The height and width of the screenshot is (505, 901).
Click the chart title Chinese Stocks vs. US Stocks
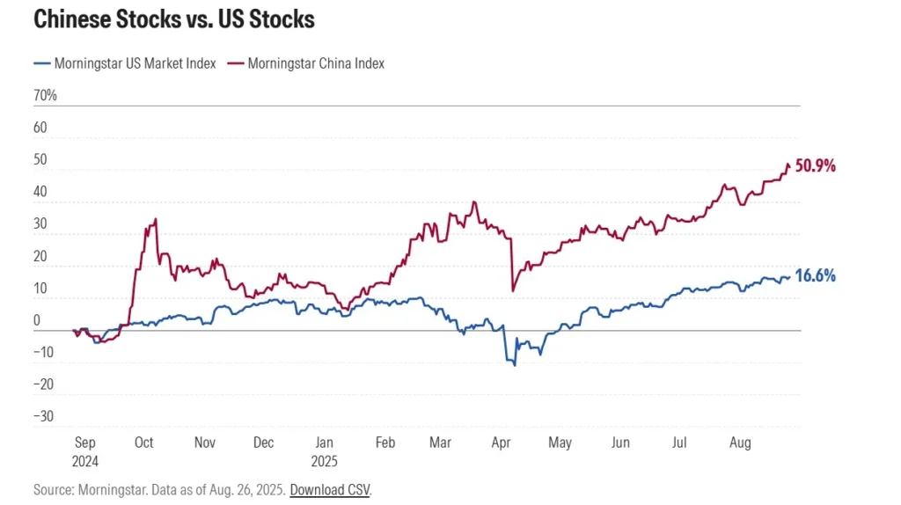pos(173,19)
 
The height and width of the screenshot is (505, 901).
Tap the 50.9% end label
pos(815,165)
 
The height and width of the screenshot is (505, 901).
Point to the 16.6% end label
pos(815,275)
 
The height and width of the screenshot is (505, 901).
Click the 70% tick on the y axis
pos(45,95)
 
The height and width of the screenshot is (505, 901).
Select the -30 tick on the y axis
pos(44,416)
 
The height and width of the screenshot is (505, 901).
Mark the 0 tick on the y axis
pos(37,320)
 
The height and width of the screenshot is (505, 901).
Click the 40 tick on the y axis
pos(40,192)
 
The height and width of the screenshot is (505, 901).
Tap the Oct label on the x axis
pos(144,443)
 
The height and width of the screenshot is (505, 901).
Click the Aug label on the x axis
pos(740,443)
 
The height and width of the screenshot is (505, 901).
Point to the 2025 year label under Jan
pos(325,460)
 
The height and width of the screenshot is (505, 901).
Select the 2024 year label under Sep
pos(84,460)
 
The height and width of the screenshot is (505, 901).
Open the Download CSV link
pos(330,489)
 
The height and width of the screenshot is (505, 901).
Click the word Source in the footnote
pos(53,489)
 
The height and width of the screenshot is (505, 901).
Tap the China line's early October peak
pos(156,219)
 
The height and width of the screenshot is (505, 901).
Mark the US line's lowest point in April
pos(514,364)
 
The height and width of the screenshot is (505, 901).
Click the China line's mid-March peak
pos(474,202)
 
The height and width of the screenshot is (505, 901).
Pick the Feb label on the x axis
pos(385,443)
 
